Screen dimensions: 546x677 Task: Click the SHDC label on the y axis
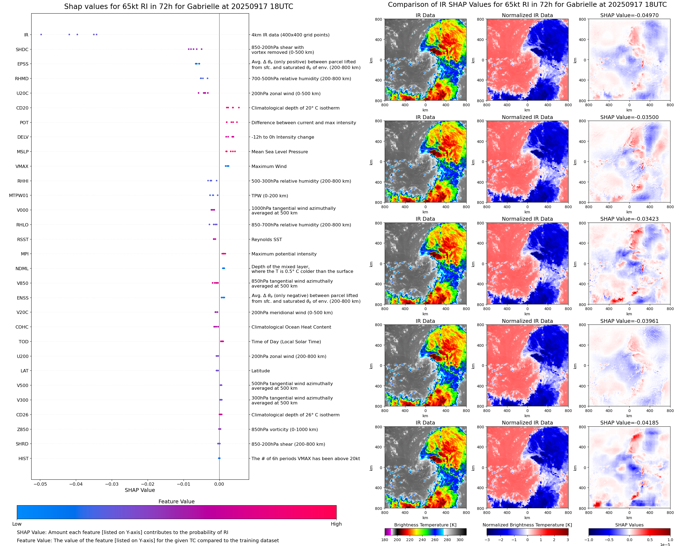[22, 49]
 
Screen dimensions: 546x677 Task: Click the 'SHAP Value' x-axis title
[140, 490]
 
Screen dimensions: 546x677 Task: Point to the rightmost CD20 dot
[239, 108]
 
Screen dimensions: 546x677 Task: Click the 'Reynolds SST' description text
[266, 239]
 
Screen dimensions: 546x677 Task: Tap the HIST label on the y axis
[23, 458]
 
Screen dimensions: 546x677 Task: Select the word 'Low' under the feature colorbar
[17, 524]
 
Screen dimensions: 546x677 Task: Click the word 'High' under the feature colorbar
[336, 524]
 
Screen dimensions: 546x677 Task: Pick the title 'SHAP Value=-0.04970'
[629, 15]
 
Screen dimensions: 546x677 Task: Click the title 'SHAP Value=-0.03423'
[629, 219]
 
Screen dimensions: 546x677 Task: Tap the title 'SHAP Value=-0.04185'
[629, 423]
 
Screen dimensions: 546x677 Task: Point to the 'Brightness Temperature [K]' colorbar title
[425, 525]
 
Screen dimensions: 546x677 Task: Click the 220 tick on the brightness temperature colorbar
[409, 540]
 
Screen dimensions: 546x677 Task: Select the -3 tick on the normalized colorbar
[487, 540]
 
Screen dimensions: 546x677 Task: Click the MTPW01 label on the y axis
[18, 195]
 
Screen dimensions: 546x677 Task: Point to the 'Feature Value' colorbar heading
[176, 501]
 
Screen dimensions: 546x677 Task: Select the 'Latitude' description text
[260, 371]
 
